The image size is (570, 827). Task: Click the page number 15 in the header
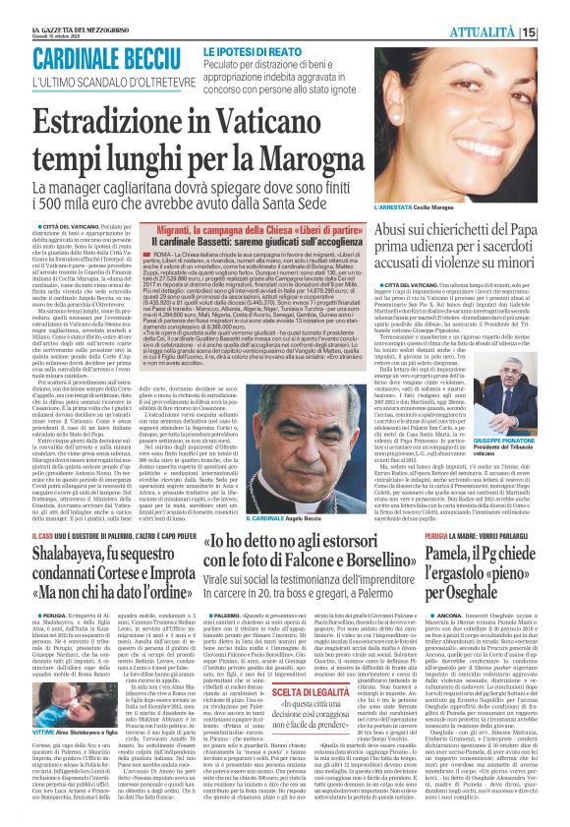click(555, 31)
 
